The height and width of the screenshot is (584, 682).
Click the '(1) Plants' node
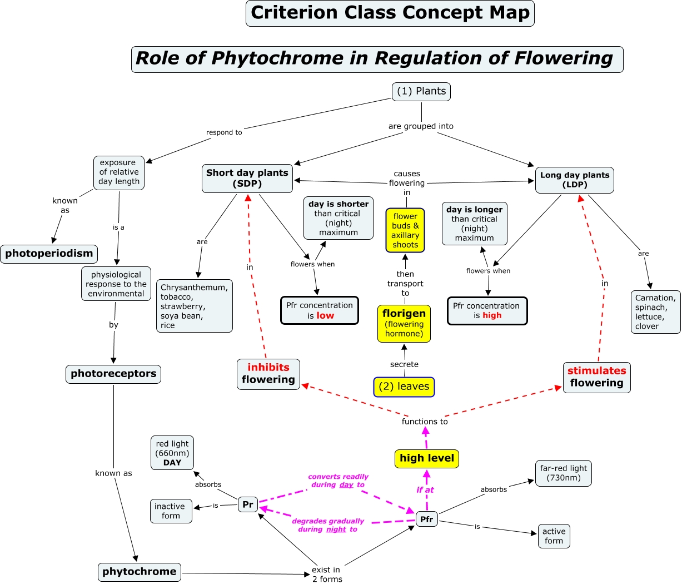[x=421, y=92]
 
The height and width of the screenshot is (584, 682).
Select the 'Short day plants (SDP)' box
[x=247, y=179]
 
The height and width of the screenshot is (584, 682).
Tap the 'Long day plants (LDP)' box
[x=574, y=180]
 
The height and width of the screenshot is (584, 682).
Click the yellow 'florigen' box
[x=404, y=323]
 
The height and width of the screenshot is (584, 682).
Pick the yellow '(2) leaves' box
[x=404, y=387]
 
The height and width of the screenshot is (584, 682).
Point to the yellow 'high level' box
[x=426, y=458]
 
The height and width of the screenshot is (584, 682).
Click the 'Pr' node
[x=248, y=504]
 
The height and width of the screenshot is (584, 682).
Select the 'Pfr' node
[x=426, y=519]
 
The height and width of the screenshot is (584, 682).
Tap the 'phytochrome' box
[x=139, y=572]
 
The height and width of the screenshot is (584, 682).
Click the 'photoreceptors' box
[x=113, y=374]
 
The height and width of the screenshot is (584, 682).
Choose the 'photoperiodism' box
[x=49, y=254]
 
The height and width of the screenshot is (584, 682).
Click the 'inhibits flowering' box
[x=268, y=374]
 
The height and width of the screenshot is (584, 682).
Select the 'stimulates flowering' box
[x=596, y=377]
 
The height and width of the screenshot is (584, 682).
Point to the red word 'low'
[x=325, y=316]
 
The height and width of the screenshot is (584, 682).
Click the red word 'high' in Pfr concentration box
[x=492, y=315]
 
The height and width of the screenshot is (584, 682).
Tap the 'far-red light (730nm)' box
[x=563, y=473]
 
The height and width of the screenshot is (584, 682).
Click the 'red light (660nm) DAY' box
[x=172, y=453]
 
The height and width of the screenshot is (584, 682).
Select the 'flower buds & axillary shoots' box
[x=405, y=230]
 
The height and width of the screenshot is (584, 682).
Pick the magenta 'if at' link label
[x=425, y=490]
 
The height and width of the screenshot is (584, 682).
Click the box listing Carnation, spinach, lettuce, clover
[x=655, y=312]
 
